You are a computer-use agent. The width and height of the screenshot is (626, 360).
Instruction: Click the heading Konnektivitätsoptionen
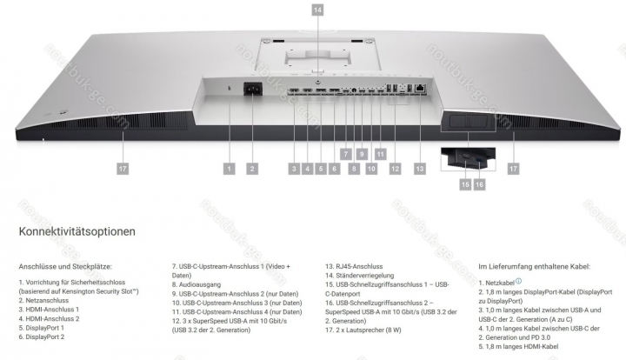(x=77, y=232)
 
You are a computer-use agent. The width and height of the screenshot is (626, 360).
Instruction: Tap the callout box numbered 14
(x=317, y=10)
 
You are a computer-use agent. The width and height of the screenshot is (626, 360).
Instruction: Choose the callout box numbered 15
(x=465, y=185)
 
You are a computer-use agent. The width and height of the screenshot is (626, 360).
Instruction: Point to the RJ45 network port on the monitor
(x=421, y=88)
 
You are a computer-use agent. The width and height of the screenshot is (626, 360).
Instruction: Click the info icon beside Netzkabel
(x=518, y=282)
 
